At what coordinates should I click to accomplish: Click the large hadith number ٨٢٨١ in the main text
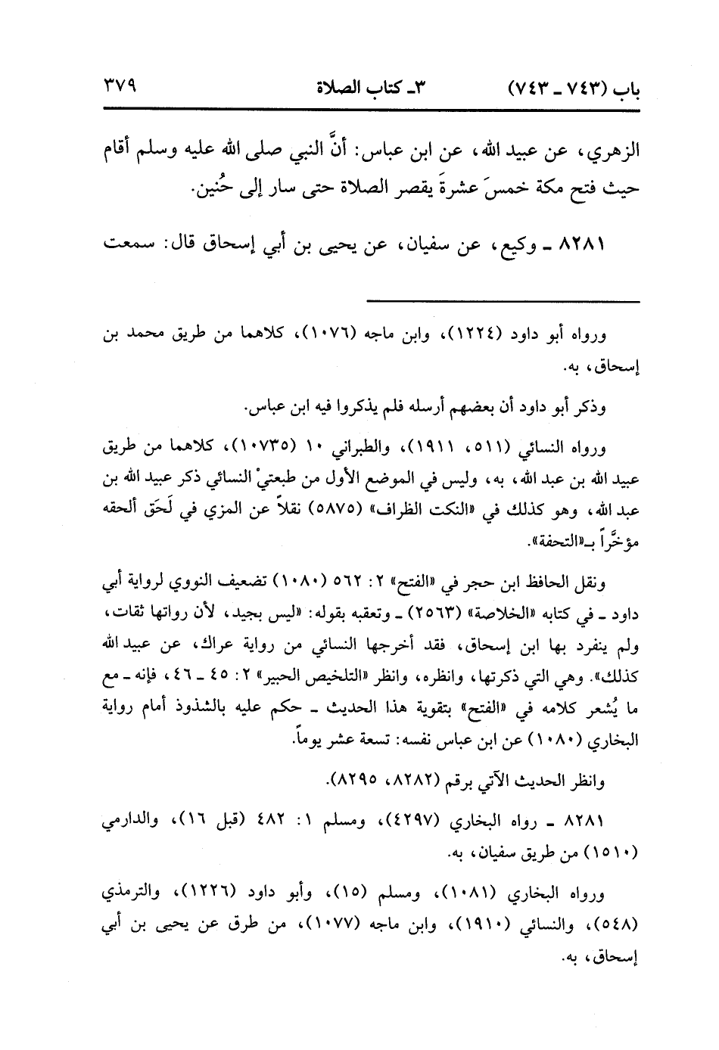click(602, 246)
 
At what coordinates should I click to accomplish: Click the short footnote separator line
click(503, 303)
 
